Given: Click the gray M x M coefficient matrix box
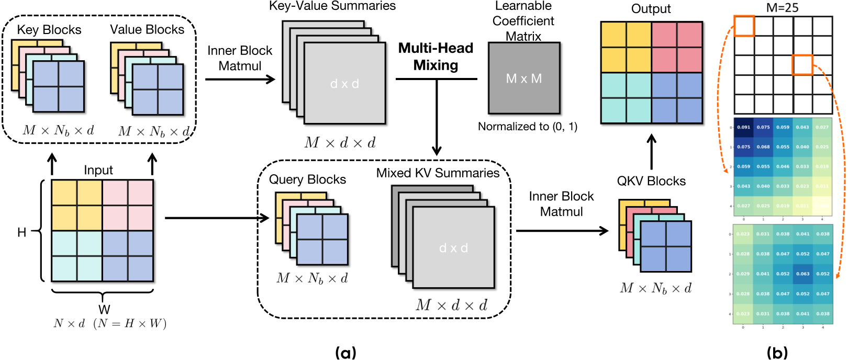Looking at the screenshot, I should [x=524, y=78].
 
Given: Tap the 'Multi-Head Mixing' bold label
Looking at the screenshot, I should [x=436, y=57].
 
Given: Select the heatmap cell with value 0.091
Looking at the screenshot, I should [x=743, y=127].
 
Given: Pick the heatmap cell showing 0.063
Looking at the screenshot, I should [x=802, y=274].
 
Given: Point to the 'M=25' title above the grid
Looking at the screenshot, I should [x=782, y=7].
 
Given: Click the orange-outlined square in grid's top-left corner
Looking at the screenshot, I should [x=744, y=26].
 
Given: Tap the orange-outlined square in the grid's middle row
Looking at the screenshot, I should [x=802, y=65].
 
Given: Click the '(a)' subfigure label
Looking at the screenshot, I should [x=345, y=352].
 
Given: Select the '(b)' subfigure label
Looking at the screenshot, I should [x=777, y=352].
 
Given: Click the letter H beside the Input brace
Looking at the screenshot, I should [x=22, y=232].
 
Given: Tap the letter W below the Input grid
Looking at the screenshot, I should [x=104, y=309].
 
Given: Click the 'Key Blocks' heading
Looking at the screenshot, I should [x=49, y=30].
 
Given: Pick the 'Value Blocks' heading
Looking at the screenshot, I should [x=147, y=29].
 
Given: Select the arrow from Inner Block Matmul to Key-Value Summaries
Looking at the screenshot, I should [x=240, y=79].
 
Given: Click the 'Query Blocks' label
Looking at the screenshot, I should [x=307, y=179].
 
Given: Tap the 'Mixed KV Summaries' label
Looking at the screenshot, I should [x=438, y=173].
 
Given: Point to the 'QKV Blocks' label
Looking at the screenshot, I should [x=651, y=181].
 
